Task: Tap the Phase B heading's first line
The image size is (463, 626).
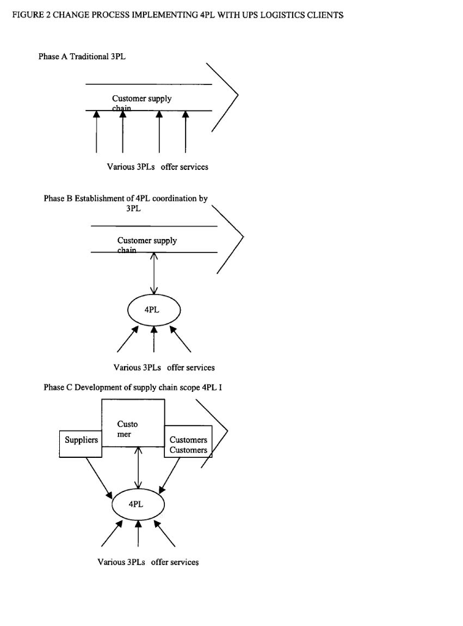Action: [x=126, y=199]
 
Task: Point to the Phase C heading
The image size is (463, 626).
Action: [x=136, y=387]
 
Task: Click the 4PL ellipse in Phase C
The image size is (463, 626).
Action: [x=138, y=504]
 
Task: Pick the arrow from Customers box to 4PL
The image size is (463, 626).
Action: [x=170, y=474]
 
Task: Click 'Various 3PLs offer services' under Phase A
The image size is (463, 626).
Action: [x=158, y=167]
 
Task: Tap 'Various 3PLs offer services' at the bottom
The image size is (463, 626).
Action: [x=148, y=562]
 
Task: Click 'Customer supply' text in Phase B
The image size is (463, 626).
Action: [x=147, y=240]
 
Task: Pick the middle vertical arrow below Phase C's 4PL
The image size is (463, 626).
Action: [x=138, y=534]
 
